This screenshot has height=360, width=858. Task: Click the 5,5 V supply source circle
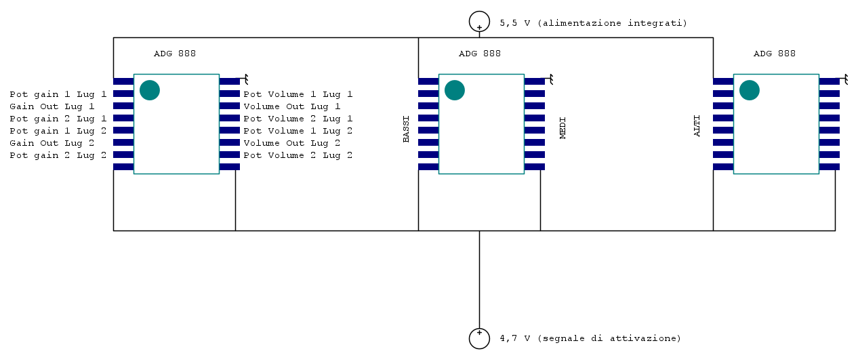(x=479, y=22)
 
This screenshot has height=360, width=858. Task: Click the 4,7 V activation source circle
(x=479, y=338)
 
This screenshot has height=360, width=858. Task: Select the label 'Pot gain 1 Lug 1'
(x=58, y=94)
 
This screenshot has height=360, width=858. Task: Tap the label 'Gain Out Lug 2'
(x=52, y=143)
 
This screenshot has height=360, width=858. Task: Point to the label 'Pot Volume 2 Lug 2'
(x=298, y=155)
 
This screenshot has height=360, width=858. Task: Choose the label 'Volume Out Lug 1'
(x=292, y=106)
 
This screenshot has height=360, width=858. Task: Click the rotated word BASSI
(x=407, y=129)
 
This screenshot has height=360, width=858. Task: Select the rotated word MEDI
(x=563, y=128)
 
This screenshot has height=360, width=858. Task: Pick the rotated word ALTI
(x=697, y=126)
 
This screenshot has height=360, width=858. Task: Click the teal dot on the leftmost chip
(x=149, y=90)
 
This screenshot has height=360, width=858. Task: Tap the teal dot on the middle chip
(x=454, y=90)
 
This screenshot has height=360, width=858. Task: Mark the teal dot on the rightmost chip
(x=749, y=90)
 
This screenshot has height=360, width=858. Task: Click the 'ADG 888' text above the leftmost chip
(x=175, y=54)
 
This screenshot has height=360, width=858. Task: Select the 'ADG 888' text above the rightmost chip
(x=775, y=54)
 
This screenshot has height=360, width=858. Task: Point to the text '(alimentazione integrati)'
(x=613, y=23)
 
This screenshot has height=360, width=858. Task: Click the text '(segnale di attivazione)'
(x=609, y=338)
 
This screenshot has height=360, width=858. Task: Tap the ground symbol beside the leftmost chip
(x=245, y=79)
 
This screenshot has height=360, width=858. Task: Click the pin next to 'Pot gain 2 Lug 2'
(x=123, y=155)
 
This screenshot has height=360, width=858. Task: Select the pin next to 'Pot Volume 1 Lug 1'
(x=230, y=94)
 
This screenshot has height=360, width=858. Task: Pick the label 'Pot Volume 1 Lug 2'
(x=298, y=131)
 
